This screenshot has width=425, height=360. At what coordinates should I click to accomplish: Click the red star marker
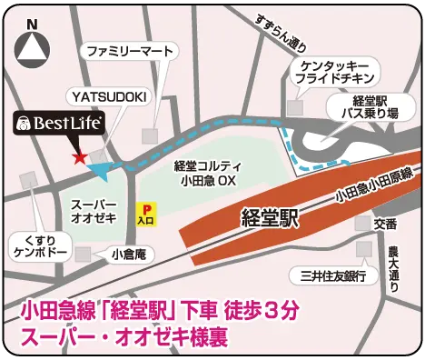point(80,157)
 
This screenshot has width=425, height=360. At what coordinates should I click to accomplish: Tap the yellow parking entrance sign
point(145,214)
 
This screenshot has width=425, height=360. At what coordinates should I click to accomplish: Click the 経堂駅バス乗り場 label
point(375,108)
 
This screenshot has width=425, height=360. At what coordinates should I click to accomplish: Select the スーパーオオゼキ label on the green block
point(94,214)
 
